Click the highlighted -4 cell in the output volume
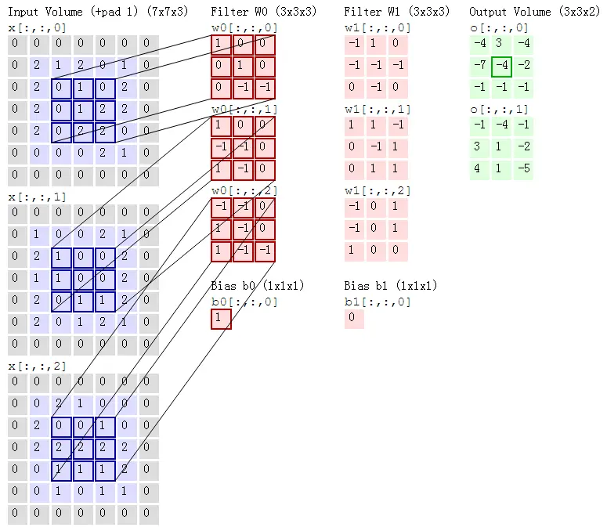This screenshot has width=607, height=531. tap(501, 64)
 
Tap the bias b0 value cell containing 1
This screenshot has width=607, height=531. tap(221, 319)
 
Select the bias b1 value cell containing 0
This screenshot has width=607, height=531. tap(354, 319)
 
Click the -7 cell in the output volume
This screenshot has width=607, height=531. tap(479, 64)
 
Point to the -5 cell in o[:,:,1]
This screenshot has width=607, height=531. tap(523, 168)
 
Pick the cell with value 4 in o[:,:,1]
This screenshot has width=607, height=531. tap(479, 168)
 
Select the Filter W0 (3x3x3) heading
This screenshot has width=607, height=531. tap(252, 12)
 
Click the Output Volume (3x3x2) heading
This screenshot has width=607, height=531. tap(532, 12)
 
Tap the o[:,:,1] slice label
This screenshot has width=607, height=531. tap(498, 109)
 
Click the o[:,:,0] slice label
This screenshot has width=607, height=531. tap(498, 27)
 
